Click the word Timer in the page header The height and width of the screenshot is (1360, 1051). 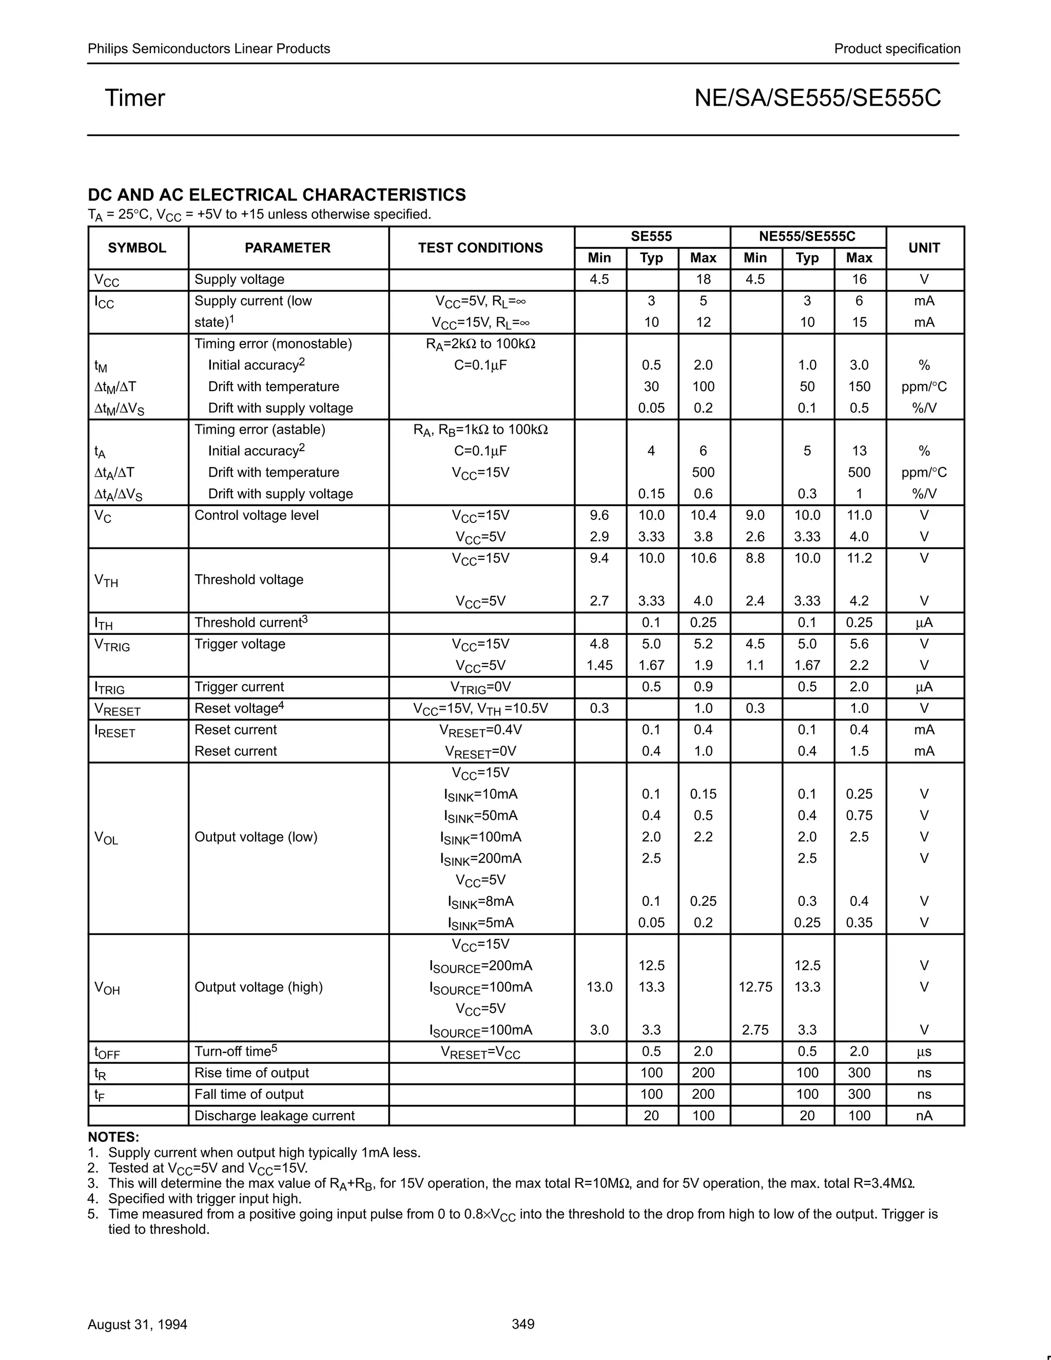(x=134, y=99)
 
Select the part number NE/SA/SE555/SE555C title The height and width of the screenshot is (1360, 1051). (x=818, y=99)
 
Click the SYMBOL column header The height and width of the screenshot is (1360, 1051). (x=137, y=248)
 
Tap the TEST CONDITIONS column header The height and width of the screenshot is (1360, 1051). (x=480, y=248)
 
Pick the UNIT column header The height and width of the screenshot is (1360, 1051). (x=924, y=248)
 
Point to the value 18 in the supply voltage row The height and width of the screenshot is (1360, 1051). (x=703, y=280)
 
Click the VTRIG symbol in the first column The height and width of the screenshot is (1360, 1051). (x=112, y=646)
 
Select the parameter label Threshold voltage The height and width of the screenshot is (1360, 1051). (x=249, y=580)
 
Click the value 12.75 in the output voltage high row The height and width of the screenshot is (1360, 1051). (x=755, y=987)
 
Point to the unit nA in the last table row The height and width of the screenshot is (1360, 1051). (x=924, y=1116)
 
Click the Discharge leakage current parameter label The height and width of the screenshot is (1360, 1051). (x=275, y=1116)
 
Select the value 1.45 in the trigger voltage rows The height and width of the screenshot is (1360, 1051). (x=599, y=666)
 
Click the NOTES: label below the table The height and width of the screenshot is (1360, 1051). (x=113, y=1137)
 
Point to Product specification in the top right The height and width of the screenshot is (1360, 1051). (x=897, y=49)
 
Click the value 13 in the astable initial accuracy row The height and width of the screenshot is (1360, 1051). (x=859, y=451)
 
